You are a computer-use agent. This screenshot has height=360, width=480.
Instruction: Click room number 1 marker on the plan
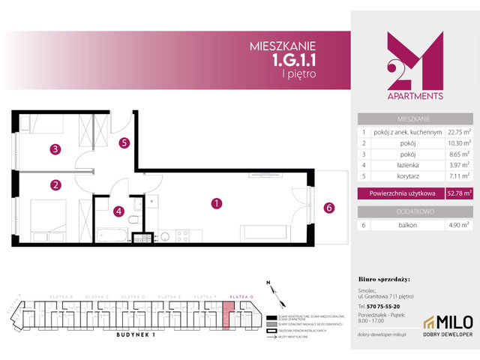click(x=216, y=202)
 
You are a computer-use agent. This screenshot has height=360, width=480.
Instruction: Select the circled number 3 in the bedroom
click(x=55, y=149)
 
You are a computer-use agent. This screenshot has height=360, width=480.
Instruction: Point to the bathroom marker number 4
click(x=118, y=211)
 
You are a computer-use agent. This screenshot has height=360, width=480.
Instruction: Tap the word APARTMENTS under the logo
click(x=412, y=96)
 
